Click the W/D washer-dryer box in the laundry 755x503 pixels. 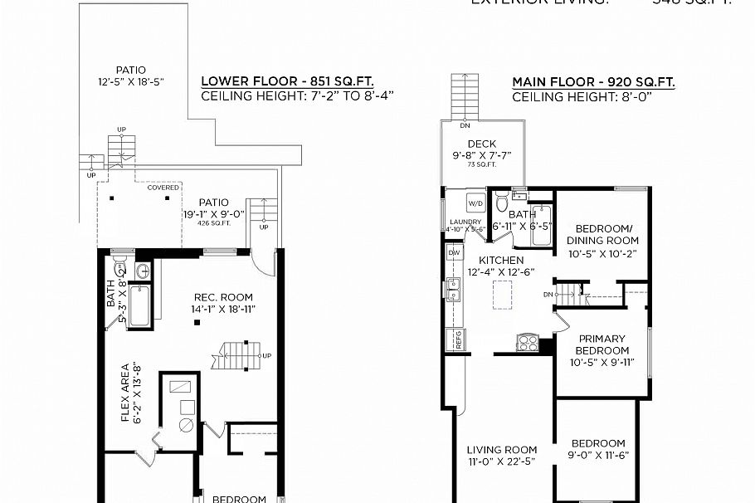click(476, 203)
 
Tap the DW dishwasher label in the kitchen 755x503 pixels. click(454, 252)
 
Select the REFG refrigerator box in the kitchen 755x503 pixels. click(454, 338)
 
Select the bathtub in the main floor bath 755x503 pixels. click(540, 226)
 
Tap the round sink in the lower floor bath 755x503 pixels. click(141, 270)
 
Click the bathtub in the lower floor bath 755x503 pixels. click(142, 306)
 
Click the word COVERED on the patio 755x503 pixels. click(163, 188)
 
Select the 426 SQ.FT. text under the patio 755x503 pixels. click(213, 223)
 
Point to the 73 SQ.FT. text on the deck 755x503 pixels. click(481, 164)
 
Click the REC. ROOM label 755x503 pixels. click(223, 297)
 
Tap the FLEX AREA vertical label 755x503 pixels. click(126, 393)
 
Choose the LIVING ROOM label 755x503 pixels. click(501, 450)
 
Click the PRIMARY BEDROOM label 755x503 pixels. click(602, 344)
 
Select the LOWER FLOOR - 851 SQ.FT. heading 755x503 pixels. click(287, 82)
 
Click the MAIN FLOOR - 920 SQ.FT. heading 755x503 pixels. click(593, 82)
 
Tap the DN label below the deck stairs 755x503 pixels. click(464, 125)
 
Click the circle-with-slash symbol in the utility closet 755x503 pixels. click(186, 424)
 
